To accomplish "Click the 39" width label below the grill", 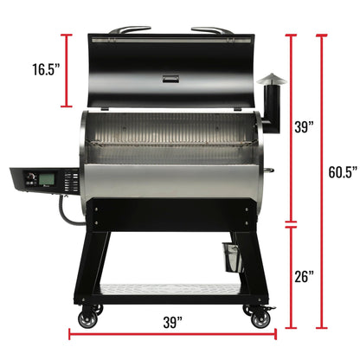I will [x=172, y=323].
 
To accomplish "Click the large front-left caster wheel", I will [x=88, y=320].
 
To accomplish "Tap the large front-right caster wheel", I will [x=259, y=320].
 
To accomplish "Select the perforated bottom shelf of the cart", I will [x=173, y=288].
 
